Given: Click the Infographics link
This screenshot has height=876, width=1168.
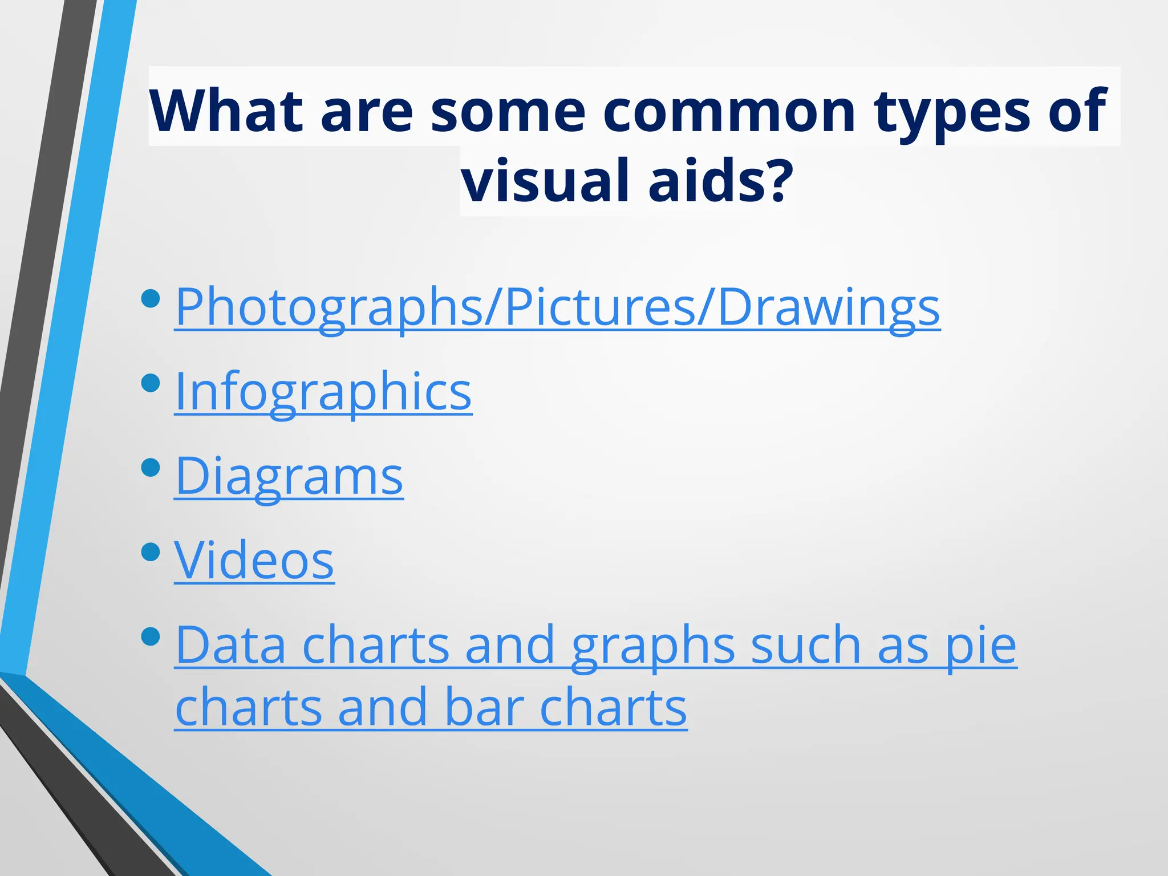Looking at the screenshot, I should pos(323,392).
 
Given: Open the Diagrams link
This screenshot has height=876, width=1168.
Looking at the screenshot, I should pos(289,477).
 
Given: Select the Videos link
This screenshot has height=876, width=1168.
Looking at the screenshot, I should pos(254,561).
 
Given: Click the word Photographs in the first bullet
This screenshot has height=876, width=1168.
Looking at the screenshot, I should pos(328,308).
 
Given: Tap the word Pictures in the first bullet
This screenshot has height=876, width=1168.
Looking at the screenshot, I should pos(600,308).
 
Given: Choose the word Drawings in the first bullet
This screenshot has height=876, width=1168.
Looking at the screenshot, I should pos(828,308).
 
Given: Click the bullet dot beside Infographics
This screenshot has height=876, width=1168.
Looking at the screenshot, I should pos(151,383).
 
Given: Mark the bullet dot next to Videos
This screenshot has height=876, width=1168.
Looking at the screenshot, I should pos(151,551).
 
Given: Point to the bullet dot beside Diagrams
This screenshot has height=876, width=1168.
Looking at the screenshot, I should pos(151,467).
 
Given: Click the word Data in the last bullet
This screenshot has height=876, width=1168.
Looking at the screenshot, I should pos(230,645).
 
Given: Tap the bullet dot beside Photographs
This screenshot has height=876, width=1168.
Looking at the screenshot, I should pos(151,298).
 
